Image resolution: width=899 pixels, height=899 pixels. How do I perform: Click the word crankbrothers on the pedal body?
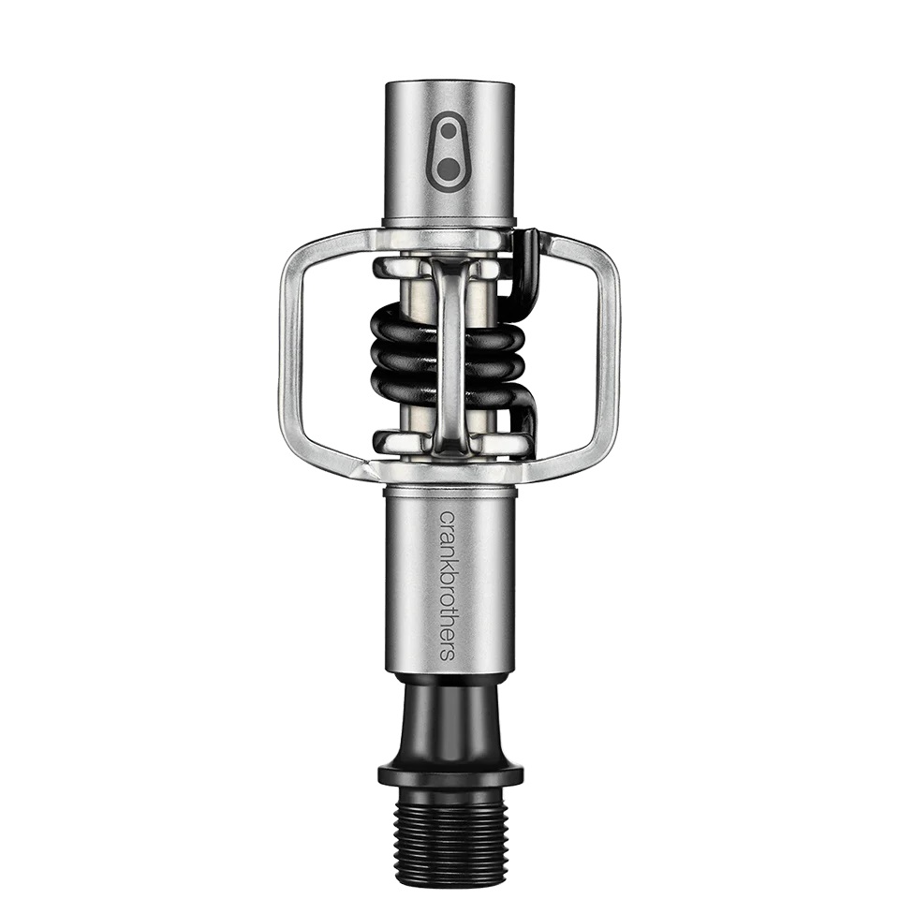(x=448, y=584)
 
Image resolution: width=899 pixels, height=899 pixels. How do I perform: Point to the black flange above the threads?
(x=449, y=774)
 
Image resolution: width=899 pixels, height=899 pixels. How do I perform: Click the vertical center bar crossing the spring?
(x=450, y=356)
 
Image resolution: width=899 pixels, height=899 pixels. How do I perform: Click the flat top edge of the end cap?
(x=449, y=85)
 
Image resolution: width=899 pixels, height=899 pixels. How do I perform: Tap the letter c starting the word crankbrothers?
(x=448, y=517)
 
